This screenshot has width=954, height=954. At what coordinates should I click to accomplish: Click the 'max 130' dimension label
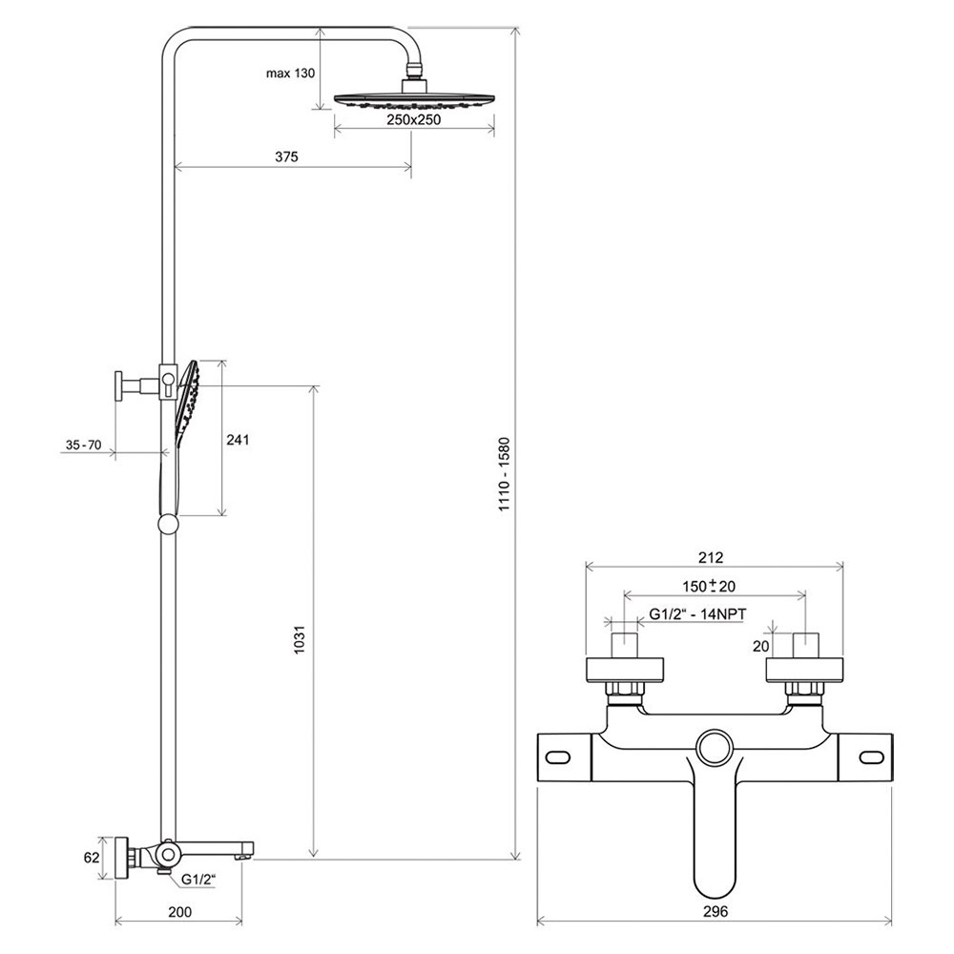point(290,73)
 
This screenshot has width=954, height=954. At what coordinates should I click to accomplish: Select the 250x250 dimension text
point(414,119)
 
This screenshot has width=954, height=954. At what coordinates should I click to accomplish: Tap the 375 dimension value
point(286,156)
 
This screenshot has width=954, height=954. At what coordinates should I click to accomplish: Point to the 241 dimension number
point(238,439)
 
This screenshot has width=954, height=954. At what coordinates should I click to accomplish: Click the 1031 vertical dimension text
point(300,639)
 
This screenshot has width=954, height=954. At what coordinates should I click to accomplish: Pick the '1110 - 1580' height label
point(505,474)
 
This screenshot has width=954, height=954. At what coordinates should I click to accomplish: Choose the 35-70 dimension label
point(83,445)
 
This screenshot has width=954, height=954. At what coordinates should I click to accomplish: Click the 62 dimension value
point(92,858)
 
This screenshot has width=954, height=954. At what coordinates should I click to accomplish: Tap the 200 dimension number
point(179,911)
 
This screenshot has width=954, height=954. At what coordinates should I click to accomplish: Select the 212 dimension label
point(711,557)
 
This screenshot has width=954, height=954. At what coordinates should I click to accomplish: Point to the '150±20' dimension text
point(709,586)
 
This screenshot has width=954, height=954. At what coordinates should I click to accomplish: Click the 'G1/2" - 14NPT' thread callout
point(697,613)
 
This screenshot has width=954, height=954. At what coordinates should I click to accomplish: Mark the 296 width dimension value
point(715,911)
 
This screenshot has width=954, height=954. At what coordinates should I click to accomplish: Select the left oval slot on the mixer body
point(558,757)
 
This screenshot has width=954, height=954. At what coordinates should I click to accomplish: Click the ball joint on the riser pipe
point(168,525)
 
